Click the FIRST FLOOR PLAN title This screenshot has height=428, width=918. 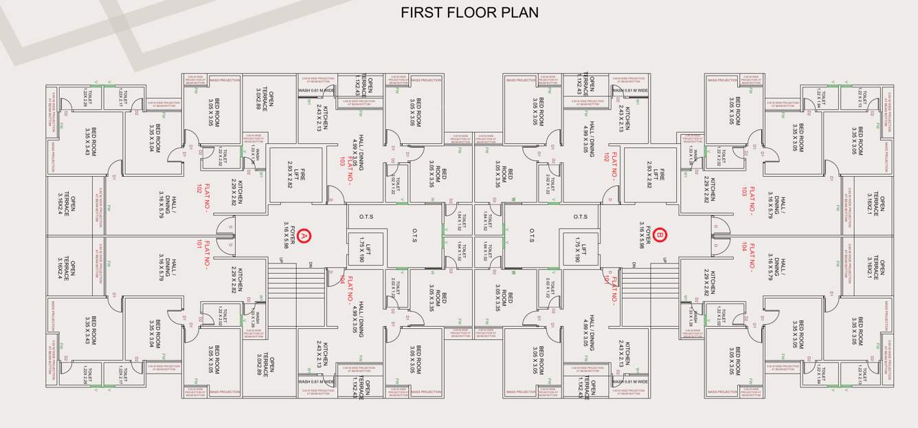[x=469, y=13]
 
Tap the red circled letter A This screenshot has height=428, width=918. [x=304, y=236]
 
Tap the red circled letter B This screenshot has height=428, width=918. [x=660, y=235]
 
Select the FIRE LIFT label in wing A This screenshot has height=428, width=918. [x=295, y=175]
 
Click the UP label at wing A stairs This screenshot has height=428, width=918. [x=280, y=259]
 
